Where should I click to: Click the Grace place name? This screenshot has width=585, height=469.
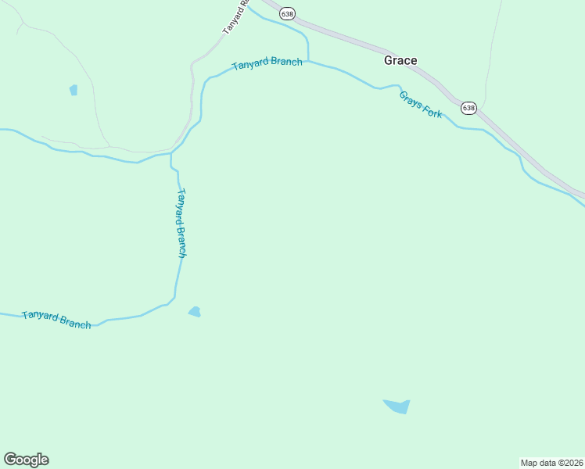(x=400, y=60)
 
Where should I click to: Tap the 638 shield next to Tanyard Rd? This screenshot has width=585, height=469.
(x=288, y=14)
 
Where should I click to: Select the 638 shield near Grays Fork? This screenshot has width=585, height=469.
(x=468, y=108)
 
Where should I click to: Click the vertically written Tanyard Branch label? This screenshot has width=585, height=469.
(x=181, y=223)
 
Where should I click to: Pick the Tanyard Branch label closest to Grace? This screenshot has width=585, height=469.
(x=267, y=63)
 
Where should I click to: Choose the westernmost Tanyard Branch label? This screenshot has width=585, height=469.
(x=56, y=319)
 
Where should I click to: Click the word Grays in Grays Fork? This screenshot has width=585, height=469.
(x=410, y=99)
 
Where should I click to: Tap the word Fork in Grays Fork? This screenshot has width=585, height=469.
(x=432, y=112)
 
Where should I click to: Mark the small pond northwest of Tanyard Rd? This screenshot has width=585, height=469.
(x=74, y=90)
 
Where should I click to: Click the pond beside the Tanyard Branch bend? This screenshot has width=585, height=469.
(x=195, y=312)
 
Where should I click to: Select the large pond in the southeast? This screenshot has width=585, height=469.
(x=397, y=406)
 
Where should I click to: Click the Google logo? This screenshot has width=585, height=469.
(x=26, y=460)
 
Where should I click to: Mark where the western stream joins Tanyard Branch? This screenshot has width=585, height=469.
(x=171, y=154)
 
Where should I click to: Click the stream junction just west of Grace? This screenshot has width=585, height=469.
(x=308, y=59)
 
